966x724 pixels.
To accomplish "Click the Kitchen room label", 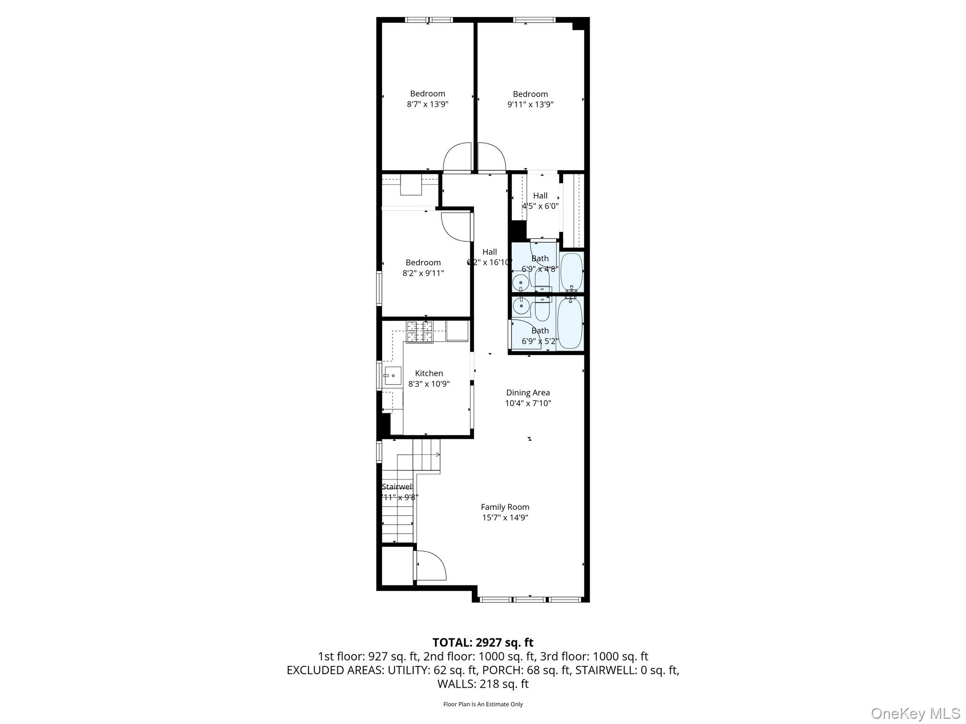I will pos(429,373).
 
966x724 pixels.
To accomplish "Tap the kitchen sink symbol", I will pos(392,376).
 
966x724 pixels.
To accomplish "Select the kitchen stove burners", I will pos(419,332).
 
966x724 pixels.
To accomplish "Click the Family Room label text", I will pos(505,507).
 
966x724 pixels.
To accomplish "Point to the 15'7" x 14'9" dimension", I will pos(505,518).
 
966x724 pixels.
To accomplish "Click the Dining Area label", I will pos(528,393).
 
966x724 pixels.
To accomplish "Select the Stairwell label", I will pos(397,487).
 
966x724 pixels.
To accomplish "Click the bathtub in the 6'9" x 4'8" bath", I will pos(572,272).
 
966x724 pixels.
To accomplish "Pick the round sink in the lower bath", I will pos(521,306).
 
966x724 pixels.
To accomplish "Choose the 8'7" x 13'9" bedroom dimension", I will pos(427,104).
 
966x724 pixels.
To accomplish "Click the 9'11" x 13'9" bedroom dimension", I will pos(530,105).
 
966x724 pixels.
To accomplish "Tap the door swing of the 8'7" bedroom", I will pos(457,157).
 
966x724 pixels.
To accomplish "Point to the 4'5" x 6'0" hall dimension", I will pos(540,206).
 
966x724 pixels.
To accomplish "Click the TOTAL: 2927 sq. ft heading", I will pos(483,642).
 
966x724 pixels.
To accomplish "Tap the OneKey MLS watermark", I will pos(915,713).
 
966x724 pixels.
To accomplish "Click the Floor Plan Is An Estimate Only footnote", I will pos(483,704).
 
